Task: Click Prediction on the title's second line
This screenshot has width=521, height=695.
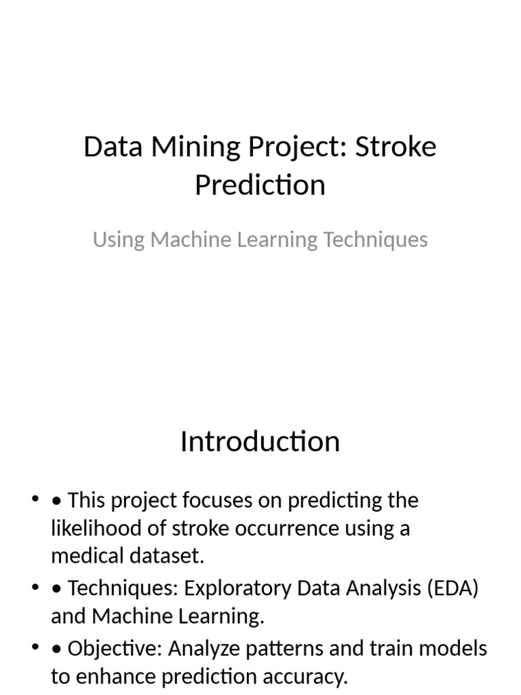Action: click(x=260, y=185)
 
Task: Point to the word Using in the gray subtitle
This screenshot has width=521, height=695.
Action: click(x=119, y=240)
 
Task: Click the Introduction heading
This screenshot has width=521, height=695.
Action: click(x=260, y=442)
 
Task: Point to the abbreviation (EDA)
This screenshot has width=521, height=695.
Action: click(x=452, y=588)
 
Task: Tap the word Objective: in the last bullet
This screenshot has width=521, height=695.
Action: click(x=115, y=649)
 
